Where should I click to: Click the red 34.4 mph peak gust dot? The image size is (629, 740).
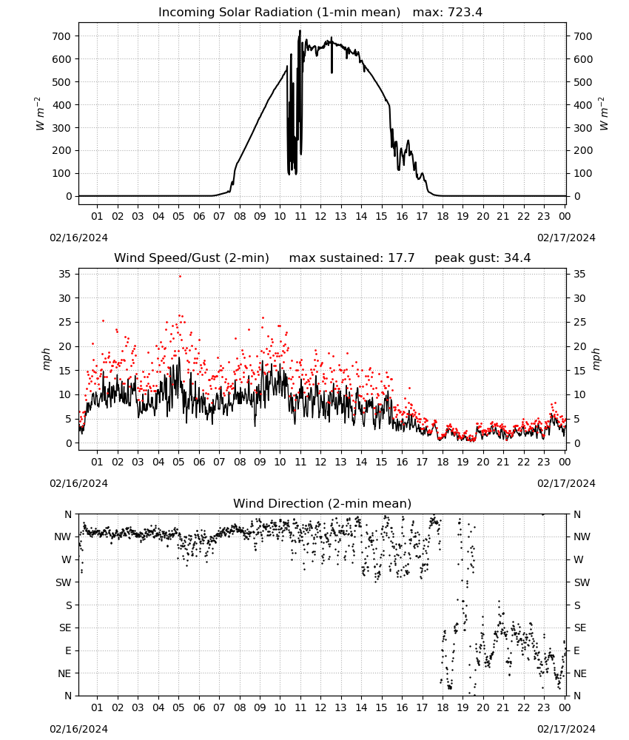[180, 276]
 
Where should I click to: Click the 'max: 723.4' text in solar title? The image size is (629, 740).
[448, 12]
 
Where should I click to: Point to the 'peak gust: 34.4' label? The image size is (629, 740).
[482, 258]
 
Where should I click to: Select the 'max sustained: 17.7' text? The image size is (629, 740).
[351, 258]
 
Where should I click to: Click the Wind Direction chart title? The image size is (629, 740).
[323, 503]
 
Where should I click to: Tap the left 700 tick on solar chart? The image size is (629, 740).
[62, 36]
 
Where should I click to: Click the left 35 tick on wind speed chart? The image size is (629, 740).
[66, 274]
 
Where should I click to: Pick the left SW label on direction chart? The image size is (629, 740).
[64, 582]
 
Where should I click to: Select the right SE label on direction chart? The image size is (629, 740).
[580, 628]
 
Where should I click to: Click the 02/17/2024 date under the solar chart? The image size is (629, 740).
[566, 238]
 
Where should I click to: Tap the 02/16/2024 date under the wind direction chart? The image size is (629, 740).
[78, 729]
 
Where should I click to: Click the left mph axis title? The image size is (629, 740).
[46, 359]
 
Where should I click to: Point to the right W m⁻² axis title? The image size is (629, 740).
[604, 114]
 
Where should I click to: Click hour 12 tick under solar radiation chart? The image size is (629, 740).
[320, 216]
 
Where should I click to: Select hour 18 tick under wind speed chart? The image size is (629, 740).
[443, 462]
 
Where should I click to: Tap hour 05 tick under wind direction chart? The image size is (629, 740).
[178, 707]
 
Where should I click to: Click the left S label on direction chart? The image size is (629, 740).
[69, 605]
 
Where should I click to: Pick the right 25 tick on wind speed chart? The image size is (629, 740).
[579, 323]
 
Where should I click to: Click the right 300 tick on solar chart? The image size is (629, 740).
[583, 128]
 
